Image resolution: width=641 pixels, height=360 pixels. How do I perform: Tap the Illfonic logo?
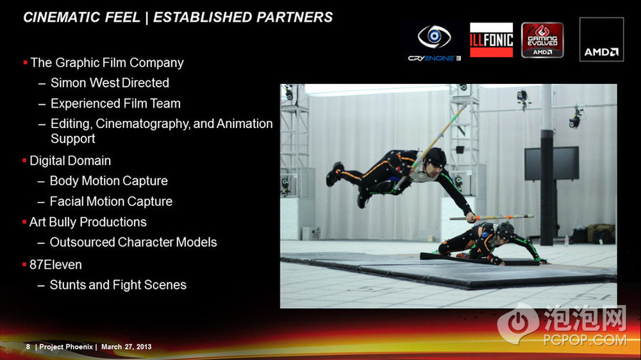click(491, 40)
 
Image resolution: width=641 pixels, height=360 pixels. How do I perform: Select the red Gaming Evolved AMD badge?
click(542, 40)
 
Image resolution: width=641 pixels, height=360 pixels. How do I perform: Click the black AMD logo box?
click(601, 39)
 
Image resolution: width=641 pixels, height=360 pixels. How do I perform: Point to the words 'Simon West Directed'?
click(110, 83)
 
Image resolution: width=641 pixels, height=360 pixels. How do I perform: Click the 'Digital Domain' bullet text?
click(70, 161)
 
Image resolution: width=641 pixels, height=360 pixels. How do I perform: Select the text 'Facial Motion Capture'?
click(111, 201)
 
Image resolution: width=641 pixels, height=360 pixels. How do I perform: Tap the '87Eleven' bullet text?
click(55, 265)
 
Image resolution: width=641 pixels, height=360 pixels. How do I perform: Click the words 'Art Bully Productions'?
click(88, 222)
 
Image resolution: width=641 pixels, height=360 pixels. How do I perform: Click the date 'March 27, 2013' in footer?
click(126, 347)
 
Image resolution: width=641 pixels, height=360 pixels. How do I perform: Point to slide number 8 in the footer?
click(28, 347)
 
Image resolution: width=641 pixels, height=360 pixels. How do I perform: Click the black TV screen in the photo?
click(551, 163)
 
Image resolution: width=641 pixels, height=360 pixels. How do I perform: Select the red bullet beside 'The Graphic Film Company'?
click(26, 63)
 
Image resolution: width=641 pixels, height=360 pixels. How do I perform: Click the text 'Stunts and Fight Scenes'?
click(118, 285)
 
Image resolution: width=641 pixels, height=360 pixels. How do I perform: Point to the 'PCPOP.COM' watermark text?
click(585, 340)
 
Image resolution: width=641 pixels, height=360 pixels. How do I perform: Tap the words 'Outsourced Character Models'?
click(133, 242)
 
